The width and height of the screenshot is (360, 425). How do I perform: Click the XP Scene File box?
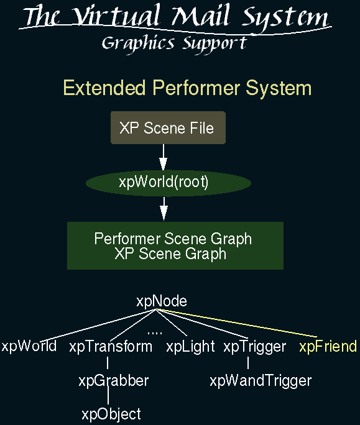[x=168, y=127]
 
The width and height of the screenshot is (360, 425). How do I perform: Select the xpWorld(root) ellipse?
[x=168, y=183]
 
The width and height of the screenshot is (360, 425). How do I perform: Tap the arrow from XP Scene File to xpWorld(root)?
[x=164, y=157]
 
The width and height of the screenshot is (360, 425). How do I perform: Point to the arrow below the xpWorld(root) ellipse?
[x=164, y=209]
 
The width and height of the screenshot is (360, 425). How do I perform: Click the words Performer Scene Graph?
[x=173, y=239]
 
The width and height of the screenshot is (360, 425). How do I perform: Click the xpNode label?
[x=162, y=301]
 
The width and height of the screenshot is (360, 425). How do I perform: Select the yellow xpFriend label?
[x=328, y=346]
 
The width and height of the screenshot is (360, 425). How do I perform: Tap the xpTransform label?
[x=111, y=346]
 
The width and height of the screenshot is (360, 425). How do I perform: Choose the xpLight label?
[x=190, y=346]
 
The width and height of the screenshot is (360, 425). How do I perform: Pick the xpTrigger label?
[x=255, y=346]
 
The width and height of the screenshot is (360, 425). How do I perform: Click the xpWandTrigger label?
[x=261, y=380]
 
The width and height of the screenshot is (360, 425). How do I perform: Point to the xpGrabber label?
[x=114, y=380]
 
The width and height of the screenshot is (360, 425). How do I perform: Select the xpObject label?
[x=111, y=414]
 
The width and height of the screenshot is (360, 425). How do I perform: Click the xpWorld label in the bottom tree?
[x=29, y=346]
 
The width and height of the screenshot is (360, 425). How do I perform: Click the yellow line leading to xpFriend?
[x=236, y=323]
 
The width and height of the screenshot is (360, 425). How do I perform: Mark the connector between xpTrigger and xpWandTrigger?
[x=248, y=363]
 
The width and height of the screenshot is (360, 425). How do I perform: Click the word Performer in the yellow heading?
[x=196, y=88]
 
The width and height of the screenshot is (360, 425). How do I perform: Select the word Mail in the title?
[x=201, y=16]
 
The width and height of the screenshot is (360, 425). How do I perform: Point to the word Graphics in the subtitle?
[x=138, y=43]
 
